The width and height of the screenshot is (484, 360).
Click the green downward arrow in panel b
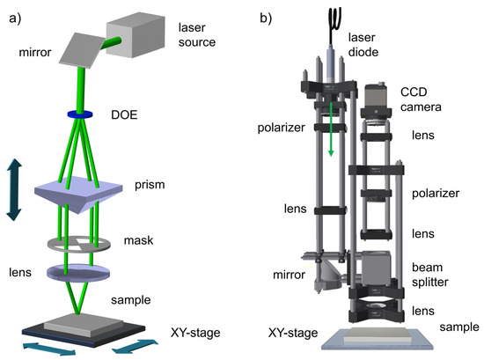coord(332,132)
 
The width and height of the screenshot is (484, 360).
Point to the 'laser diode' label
coord(363,43)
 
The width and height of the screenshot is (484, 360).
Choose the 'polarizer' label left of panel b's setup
coord(280,127)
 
